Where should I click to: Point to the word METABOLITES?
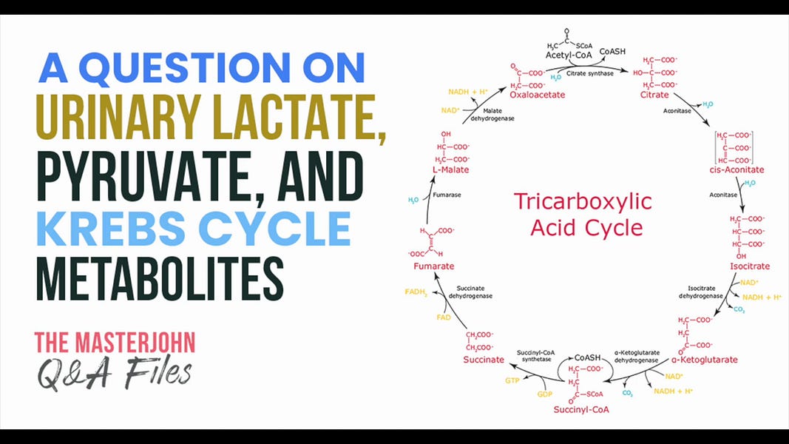160,278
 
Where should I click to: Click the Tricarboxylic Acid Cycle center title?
583,214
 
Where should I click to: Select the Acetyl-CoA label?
566,56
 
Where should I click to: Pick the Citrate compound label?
654,95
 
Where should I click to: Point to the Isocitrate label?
750,266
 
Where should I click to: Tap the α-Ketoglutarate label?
704,360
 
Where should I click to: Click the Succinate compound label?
484,360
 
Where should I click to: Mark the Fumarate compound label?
433,266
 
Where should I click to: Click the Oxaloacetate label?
538,95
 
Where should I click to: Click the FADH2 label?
416,292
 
